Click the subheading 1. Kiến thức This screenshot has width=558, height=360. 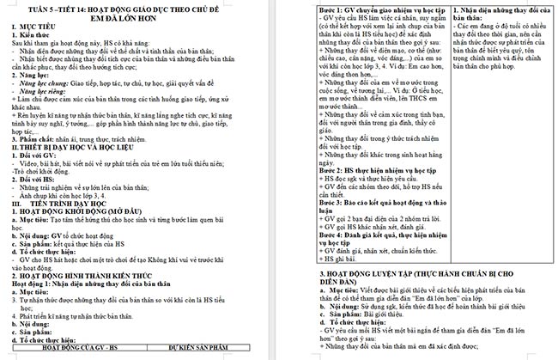coord(35,39)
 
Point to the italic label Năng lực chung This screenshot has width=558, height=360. coord(46,86)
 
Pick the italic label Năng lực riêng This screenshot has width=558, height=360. coord(45,95)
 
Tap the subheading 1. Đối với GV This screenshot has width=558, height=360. coord(39,155)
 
